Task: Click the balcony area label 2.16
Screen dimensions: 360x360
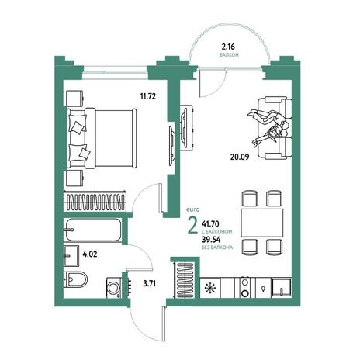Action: (x=228, y=47)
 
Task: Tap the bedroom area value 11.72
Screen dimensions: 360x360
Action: (x=148, y=97)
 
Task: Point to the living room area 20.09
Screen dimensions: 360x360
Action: (x=240, y=157)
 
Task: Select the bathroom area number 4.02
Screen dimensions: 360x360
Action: (x=90, y=254)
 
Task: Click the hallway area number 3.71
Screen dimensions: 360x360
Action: (x=150, y=283)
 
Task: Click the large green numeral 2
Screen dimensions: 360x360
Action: (x=192, y=225)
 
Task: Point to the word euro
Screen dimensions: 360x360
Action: (x=192, y=210)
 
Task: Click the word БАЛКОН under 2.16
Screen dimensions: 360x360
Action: (x=229, y=55)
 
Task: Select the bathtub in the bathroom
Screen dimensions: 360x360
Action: (x=93, y=230)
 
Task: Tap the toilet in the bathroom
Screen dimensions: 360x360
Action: (x=75, y=279)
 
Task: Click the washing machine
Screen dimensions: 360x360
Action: (x=114, y=287)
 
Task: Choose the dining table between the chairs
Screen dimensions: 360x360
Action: (x=262, y=223)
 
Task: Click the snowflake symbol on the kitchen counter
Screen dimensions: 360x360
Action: (x=209, y=288)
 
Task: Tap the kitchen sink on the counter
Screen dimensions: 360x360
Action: (x=282, y=287)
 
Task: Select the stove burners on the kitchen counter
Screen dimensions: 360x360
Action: (x=245, y=287)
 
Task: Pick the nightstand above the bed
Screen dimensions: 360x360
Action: (x=74, y=99)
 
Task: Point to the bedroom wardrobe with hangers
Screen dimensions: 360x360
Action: (x=95, y=202)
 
